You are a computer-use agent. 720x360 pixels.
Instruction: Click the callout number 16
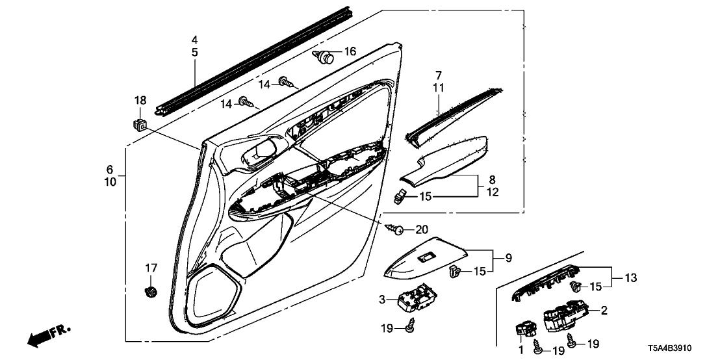click(350, 51)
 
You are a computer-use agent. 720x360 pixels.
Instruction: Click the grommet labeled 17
click(151, 291)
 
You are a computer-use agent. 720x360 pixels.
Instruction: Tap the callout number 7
click(438, 75)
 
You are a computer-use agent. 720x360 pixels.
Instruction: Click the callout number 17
click(151, 267)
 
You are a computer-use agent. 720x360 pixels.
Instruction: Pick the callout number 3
click(383, 299)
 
